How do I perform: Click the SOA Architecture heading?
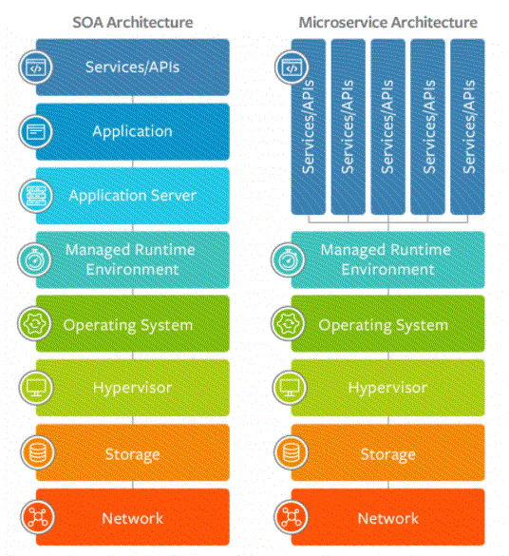(133, 23)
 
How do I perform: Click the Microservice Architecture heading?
(388, 23)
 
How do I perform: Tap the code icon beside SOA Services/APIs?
(36, 67)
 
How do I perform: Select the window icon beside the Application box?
(36, 132)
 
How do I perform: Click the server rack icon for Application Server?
(36, 196)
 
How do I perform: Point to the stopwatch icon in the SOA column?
(35, 260)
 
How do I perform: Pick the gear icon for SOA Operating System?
(35, 324)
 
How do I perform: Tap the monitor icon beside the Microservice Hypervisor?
(290, 388)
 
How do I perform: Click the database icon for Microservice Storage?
(292, 452)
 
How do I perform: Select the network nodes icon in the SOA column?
(38, 517)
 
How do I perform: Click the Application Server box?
(133, 196)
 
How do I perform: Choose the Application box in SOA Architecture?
(133, 132)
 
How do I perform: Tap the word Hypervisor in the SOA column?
(133, 388)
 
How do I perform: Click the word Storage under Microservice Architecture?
(388, 454)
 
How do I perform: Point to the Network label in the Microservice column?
(388, 518)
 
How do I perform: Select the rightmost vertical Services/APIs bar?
(467, 127)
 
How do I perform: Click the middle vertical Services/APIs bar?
(387, 127)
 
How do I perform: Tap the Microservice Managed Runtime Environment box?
(387, 259)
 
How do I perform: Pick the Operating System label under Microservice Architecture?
(384, 325)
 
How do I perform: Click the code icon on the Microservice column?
(292, 67)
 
